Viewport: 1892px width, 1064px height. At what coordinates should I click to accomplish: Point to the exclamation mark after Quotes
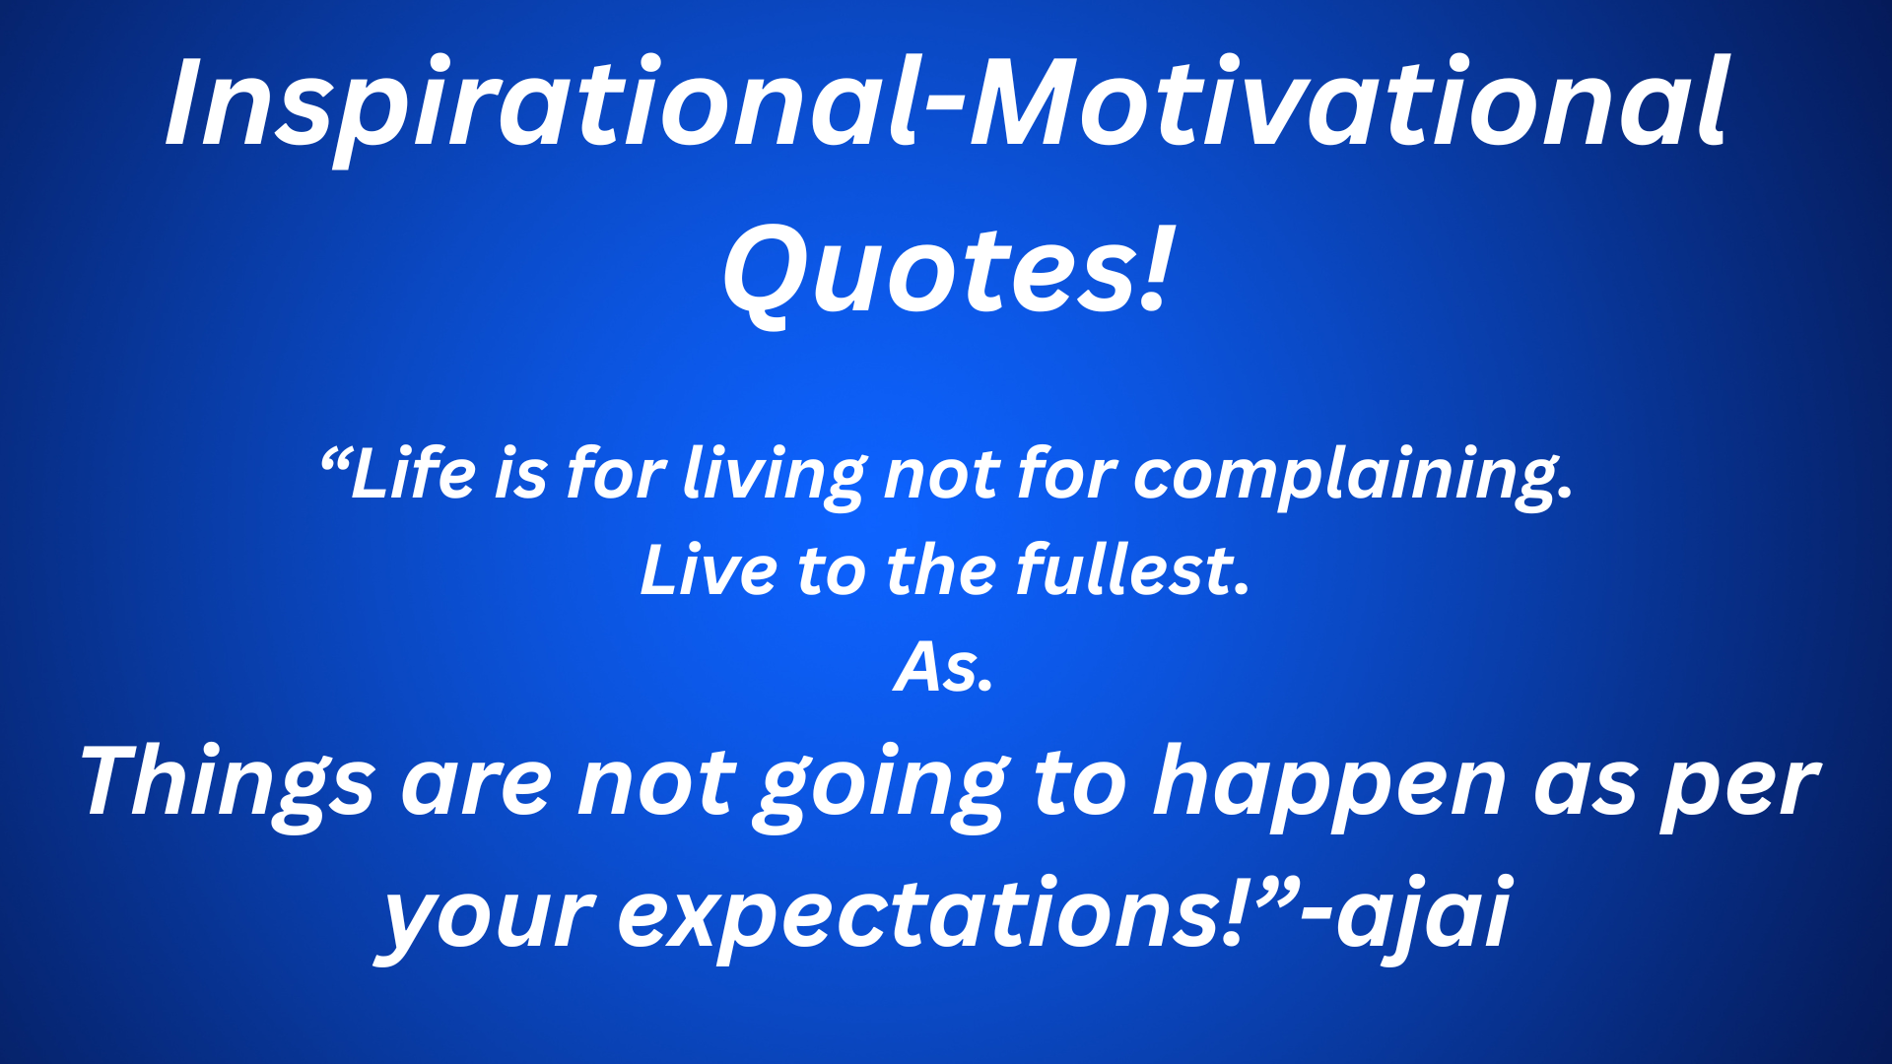point(1158,266)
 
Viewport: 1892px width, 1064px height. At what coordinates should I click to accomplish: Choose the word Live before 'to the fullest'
point(708,571)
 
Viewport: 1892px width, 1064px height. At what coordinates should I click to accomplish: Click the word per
point(1739,788)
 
